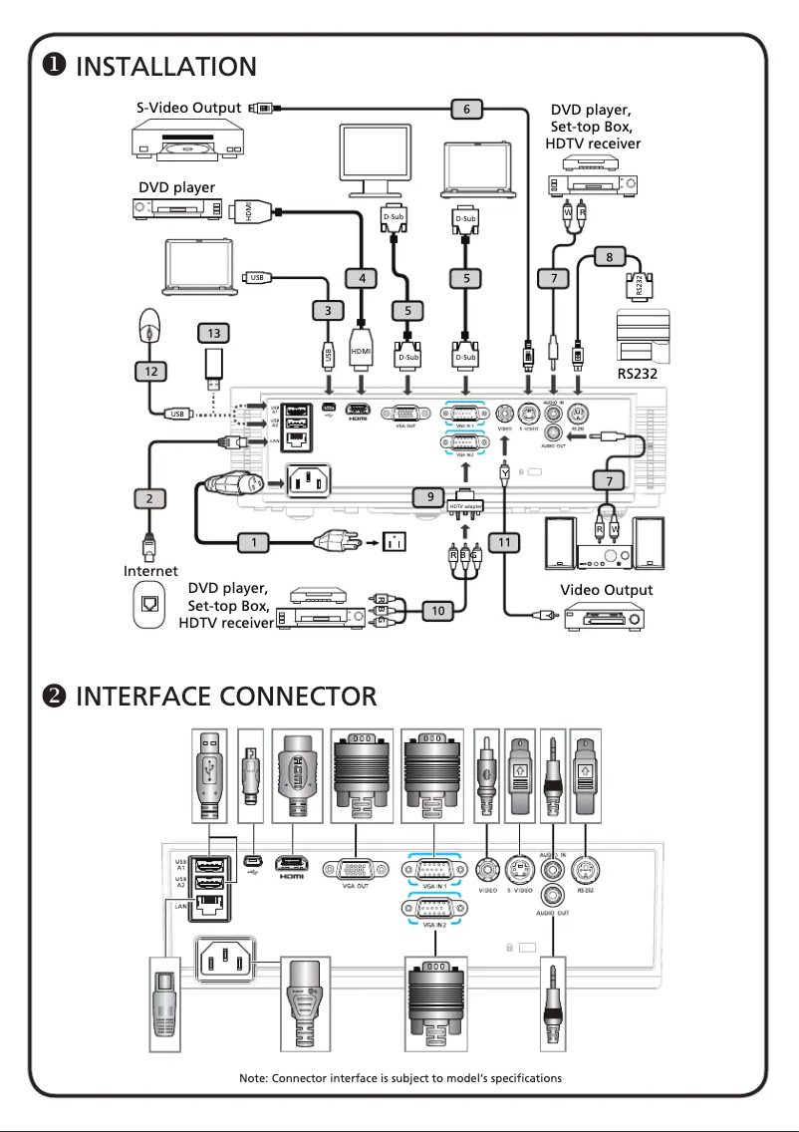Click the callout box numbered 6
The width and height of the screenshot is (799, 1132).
coord(466,110)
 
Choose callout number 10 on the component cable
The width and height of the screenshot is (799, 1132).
coord(438,610)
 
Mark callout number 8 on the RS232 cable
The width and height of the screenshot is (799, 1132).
coord(610,257)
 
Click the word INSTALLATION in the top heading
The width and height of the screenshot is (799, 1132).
coord(165,67)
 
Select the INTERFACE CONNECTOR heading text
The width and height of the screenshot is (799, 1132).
coord(226,695)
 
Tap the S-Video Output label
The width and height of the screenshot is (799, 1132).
coord(189,108)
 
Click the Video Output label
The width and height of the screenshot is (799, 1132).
coord(607,590)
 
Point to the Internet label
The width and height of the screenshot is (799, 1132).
coord(150,571)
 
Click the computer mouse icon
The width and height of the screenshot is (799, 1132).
coord(148,324)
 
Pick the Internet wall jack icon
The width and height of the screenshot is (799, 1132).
coord(150,605)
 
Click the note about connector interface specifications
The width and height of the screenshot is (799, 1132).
coord(400,1078)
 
